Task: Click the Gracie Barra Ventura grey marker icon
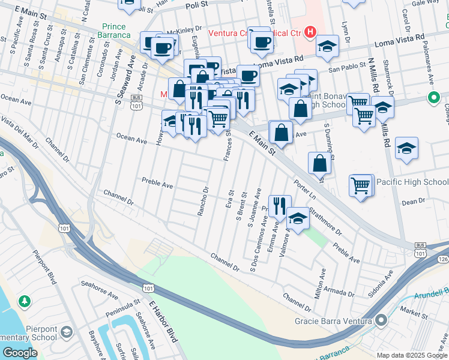[380, 320]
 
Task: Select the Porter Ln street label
[304, 188]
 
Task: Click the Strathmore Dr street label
[326, 220]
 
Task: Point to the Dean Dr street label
[413, 202]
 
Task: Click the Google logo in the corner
[20, 352]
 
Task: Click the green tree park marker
[25, 300]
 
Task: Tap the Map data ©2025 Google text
[411, 355]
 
